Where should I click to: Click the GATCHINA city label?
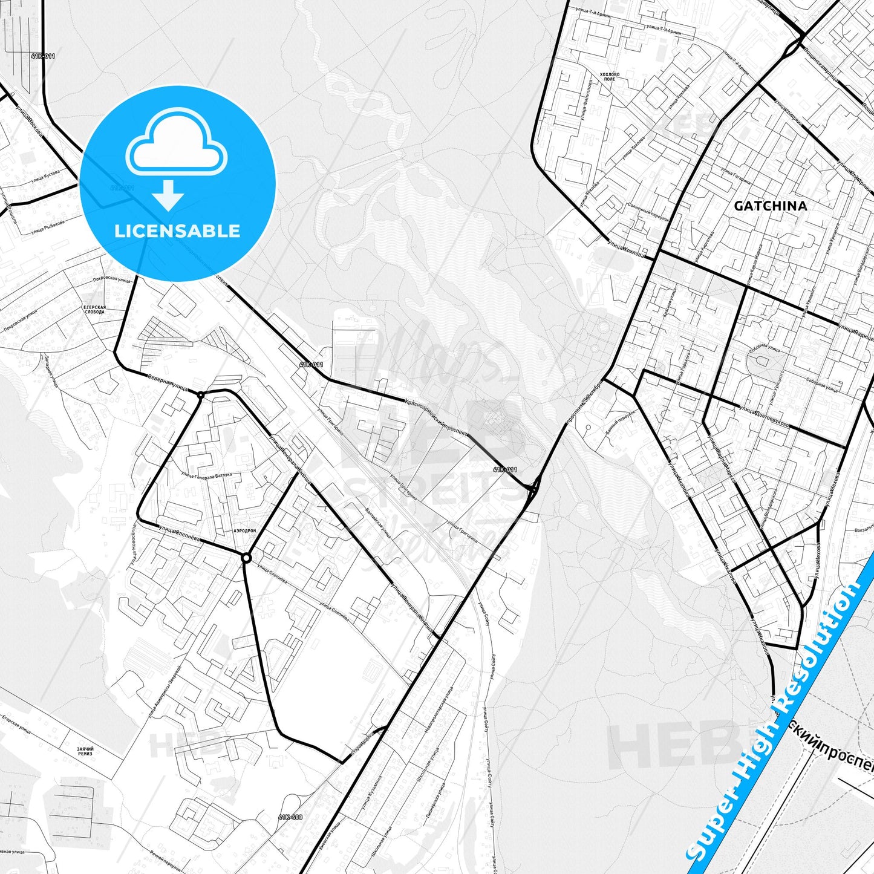770,206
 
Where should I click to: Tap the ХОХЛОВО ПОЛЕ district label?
610,76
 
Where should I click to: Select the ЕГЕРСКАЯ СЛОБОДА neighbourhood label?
94,310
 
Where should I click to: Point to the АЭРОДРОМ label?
244,530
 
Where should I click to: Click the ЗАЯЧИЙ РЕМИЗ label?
85,751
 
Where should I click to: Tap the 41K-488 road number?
290,817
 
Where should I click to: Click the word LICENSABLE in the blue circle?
177,231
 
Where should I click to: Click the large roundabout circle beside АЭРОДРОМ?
246,558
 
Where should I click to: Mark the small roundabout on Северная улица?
200,395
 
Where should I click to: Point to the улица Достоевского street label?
764,417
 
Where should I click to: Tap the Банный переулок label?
621,422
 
